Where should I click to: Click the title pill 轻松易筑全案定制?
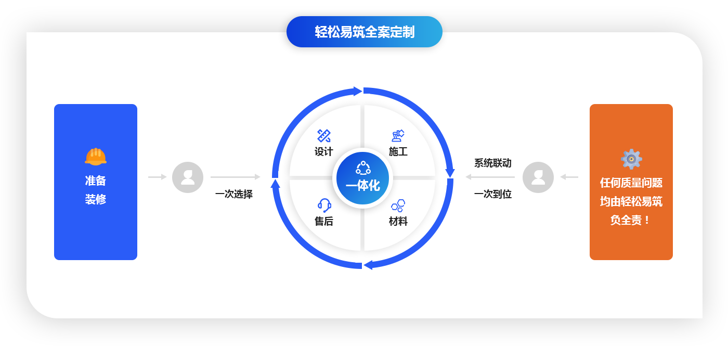click(365, 32)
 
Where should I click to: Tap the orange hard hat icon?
click(96, 157)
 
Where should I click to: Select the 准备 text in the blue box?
click(96, 181)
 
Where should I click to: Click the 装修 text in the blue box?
click(96, 199)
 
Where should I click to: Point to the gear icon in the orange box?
click(631, 159)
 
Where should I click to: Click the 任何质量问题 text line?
click(631, 183)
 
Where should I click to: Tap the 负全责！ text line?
click(630, 220)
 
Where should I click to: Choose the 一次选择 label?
click(234, 194)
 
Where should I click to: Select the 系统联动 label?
click(493, 163)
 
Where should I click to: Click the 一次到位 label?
click(493, 194)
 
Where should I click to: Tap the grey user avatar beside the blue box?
click(188, 177)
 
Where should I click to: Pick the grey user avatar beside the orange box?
click(538, 177)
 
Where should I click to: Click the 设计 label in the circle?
click(323, 151)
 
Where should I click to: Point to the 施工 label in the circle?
click(398, 151)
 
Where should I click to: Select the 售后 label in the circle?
click(323, 221)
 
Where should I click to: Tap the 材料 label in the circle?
click(398, 221)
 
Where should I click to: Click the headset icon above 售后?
click(324, 205)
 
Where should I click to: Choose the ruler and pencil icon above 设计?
click(323, 136)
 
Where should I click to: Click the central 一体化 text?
click(363, 186)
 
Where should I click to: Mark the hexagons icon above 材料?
click(398, 205)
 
